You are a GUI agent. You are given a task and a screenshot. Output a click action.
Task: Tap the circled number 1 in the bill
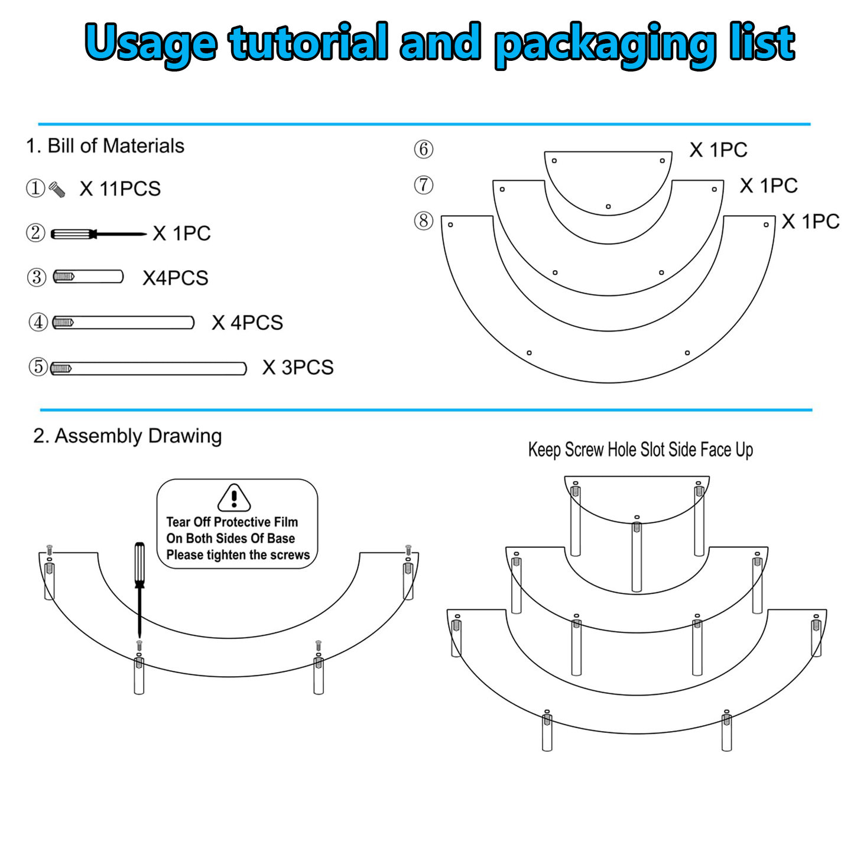pyautogui.click(x=35, y=189)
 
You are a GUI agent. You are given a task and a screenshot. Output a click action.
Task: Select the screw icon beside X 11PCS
pyautogui.click(x=57, y=190)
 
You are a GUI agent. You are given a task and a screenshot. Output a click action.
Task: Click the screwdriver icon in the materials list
pyautogui.click(x=98, y=233)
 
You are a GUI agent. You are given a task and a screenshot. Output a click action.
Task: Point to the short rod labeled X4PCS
pyautogui.click(x=88, y=277)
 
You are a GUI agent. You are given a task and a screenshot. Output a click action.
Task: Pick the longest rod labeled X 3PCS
pyautogui.click(x=148, y=368)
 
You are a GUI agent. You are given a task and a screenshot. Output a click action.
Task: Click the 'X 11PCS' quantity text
pyautogui.click(x=120, y=189)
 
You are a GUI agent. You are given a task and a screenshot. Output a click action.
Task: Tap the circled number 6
pyautogui.click(x=424, y=150)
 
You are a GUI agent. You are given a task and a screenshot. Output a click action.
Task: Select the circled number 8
pyautogui.click(x=424, y=220)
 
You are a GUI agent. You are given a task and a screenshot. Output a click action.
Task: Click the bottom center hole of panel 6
pyautogui.click(x=609, y=206)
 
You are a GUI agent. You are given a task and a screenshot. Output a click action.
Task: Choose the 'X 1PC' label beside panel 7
pyautogui.click(x=769, y=186)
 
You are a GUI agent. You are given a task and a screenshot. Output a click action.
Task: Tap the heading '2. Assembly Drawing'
pyautogui.click(x=128, y=436)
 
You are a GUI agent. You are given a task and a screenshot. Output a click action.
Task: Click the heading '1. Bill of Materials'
pyautogui.click(x=105, y=146)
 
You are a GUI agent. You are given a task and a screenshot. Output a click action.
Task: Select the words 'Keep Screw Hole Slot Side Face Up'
pyautogui.click(x=641, y=450)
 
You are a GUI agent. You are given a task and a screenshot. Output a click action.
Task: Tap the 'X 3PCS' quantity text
pyautogui.click(x=298, y=368)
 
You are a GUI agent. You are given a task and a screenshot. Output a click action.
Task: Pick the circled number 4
pyautogui.click(x=38, y=322)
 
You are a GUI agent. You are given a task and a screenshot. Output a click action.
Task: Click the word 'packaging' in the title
pyautogui.click(x=605, y=44)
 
